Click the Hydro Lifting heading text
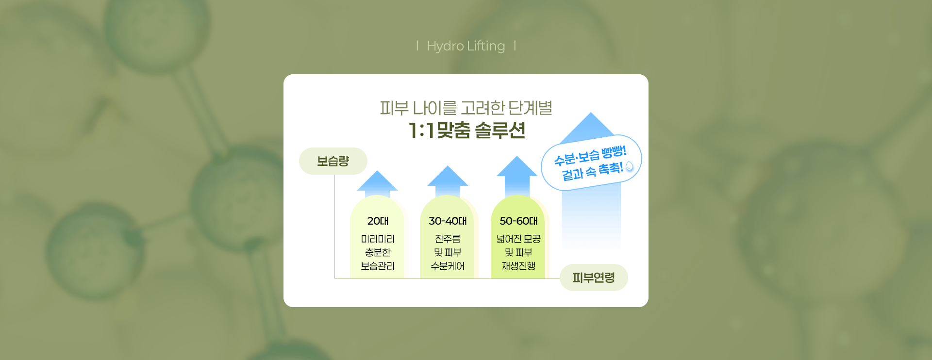466,46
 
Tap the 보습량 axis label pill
333,161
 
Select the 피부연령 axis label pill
594,278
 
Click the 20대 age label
378,221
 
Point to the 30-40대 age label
448,221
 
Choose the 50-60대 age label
518,221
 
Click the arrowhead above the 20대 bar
377,180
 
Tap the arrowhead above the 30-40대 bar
448,176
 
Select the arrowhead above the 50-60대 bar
517,166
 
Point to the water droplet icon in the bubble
630,166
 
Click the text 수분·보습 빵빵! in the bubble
590,155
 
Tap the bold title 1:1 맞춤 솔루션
466,130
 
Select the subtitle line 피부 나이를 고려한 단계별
466,108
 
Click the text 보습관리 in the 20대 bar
378,266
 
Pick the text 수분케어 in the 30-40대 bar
448,266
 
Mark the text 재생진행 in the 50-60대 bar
518,266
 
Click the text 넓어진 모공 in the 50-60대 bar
518,239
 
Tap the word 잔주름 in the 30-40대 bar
448,239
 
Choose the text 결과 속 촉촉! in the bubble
592,171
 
